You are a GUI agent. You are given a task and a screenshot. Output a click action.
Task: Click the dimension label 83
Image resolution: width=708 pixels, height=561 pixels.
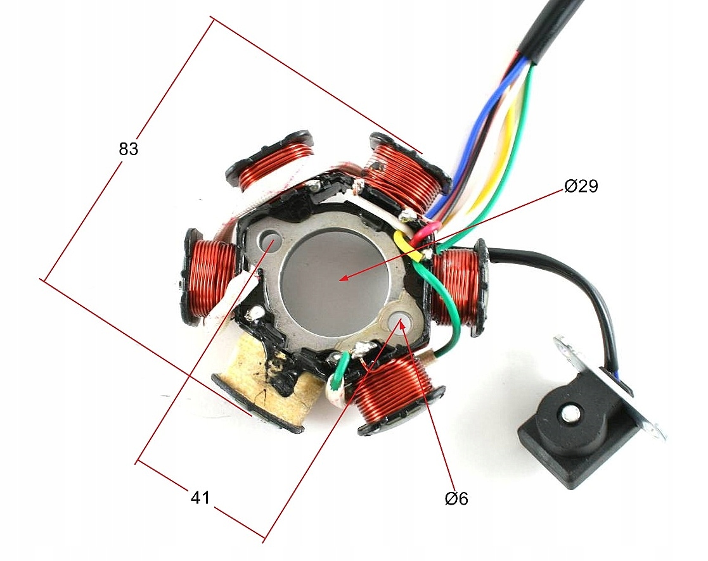pyautogui.click(x=128, y=149)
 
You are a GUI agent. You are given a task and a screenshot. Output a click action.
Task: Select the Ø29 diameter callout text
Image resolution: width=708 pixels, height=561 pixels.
pyautogui.click(x=581, y=186)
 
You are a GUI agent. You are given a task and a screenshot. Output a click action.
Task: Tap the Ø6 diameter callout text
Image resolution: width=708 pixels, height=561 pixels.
pyautogui.click(x=456, y=499)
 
